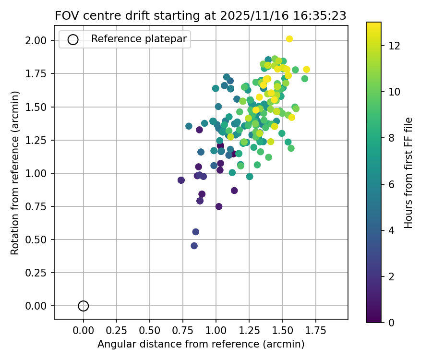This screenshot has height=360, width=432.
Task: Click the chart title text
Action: pyautogui.click(x=201, y=15)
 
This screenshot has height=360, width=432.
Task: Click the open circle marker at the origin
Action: pyautogui.click(x=84, y=306)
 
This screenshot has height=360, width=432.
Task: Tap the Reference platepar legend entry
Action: pyautogui.click(x=125, y=39)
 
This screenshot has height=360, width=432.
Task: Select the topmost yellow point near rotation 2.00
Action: pyautogui.click(x=289, y=39)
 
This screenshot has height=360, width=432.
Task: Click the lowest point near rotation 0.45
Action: pyautogui.click(x=194, y=246)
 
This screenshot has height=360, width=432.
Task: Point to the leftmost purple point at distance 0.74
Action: pyautogui.click(x=181, y=180)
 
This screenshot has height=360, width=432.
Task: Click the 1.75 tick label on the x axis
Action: pyautogui.click(x=315, y=331)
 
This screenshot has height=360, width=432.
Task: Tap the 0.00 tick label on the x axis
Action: pyautogui.click(x=84, y=331)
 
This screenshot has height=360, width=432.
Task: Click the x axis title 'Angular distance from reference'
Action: pyautogui.click(x=201, y=344)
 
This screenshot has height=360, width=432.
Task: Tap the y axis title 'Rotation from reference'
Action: pyautogui.click(x=15, y=173)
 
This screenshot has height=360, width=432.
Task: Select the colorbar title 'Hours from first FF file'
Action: pyautogui.click(x=408, y=173)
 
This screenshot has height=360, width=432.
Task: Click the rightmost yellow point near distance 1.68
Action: pyautogui.click(x=306, y=70)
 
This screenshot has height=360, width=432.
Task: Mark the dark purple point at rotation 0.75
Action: pyautogui.click(x=219, y=206)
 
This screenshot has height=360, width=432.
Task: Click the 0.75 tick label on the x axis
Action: pyautogui.click(x=183, y=331)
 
